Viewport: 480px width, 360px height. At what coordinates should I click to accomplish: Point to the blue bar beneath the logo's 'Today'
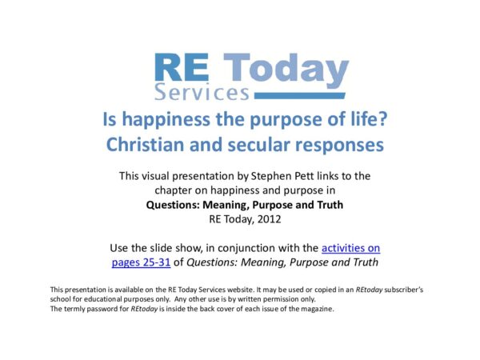point(300,95)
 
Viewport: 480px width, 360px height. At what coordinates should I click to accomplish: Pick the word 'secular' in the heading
point(282,146)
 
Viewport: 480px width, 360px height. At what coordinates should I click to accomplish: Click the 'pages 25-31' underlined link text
point(143,261)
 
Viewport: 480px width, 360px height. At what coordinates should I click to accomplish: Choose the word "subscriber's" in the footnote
point(410,289)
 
